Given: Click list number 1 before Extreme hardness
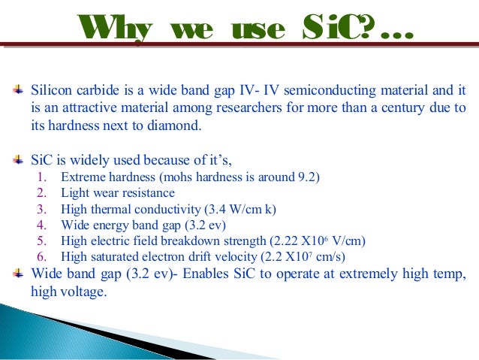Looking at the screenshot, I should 44,177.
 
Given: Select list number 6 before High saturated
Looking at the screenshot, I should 44,256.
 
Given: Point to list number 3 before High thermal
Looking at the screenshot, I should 44,209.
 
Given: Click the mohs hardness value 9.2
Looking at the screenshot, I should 306,177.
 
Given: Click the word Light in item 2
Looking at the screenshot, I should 76,193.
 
